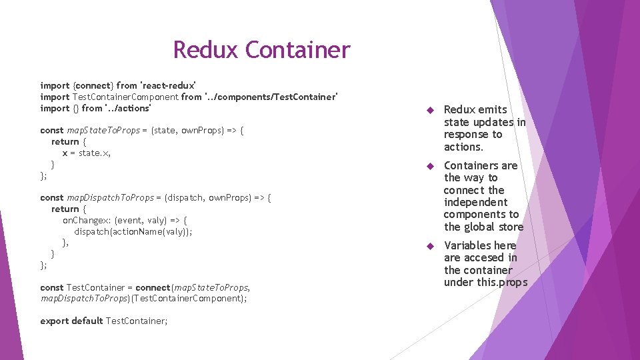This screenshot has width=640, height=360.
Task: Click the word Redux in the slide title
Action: [x=206, y=50]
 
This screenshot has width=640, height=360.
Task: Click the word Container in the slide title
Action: [x=297, y=50]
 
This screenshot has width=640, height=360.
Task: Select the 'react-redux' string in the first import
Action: [x=167, y=85]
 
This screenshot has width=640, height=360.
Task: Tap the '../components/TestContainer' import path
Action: [x=271, y=97]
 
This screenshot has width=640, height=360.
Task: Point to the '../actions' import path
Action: [x=128, y=108]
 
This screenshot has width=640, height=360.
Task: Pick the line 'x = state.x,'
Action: [x=87, y=153]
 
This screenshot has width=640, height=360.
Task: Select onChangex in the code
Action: [x=87, y=220]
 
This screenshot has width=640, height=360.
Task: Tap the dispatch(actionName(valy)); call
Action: [x=133, y=231]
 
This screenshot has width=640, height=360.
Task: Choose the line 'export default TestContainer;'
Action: [x=104, y=321]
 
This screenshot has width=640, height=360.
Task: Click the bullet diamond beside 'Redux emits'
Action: [x=431, y=110]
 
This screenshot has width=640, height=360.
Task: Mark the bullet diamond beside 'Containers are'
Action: [x=431, y=166]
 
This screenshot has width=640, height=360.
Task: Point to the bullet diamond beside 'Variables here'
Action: [x=431, y=246]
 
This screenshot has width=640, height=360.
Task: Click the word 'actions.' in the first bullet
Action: [x=463, y=147]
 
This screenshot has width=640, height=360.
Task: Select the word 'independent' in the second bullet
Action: [x=475, y=202]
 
